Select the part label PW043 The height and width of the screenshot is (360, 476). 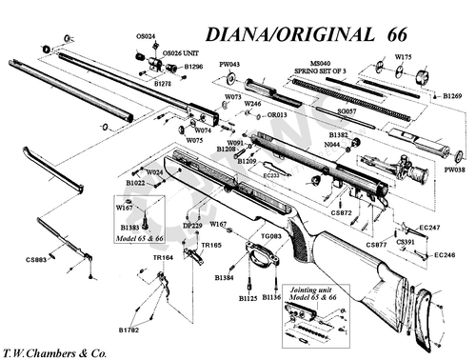click(x=229, y=65)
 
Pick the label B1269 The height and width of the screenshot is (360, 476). click(x=453, y=96)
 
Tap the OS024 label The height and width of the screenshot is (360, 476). click(x=145, y=35)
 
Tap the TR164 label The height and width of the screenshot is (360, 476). click(x=163, y=258)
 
